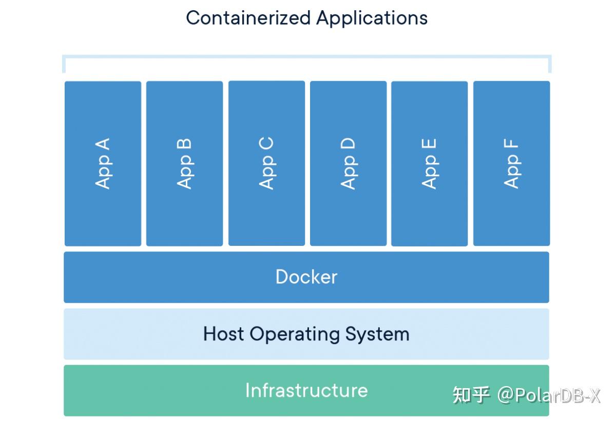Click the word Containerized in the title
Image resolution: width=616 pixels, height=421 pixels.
coord(249,18)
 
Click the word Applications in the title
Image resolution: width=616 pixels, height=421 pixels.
coord(372,18)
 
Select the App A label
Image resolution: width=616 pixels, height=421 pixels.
coord(103,163)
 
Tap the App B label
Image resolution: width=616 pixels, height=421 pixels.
coord(185,163)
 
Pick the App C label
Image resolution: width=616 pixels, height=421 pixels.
coord(266,163)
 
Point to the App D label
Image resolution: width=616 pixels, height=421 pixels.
coord(348,163)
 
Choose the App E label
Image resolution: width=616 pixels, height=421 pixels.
coord(429,163)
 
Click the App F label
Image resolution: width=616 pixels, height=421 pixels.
coord(511,163)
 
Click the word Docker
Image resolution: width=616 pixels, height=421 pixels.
coord(306,277)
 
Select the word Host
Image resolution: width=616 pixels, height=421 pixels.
coord(224,334)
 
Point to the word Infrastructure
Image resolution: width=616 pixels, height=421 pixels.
coord(306,390)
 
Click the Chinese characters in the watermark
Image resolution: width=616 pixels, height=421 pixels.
coord(471,395)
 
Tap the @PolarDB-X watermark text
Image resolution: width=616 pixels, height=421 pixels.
coord(548,395)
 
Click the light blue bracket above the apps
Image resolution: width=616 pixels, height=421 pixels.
coord(306,56)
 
